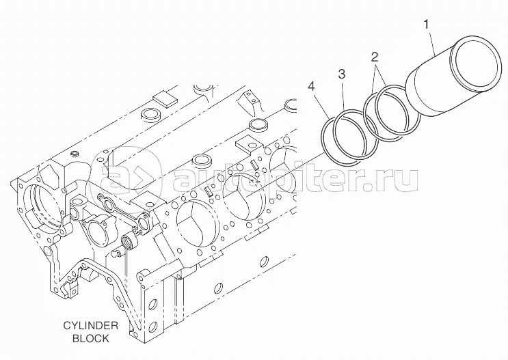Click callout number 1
coord(427,25)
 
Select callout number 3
coord(342,72)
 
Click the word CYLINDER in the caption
coord(88,327)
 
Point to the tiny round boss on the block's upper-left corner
coord(76,151)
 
